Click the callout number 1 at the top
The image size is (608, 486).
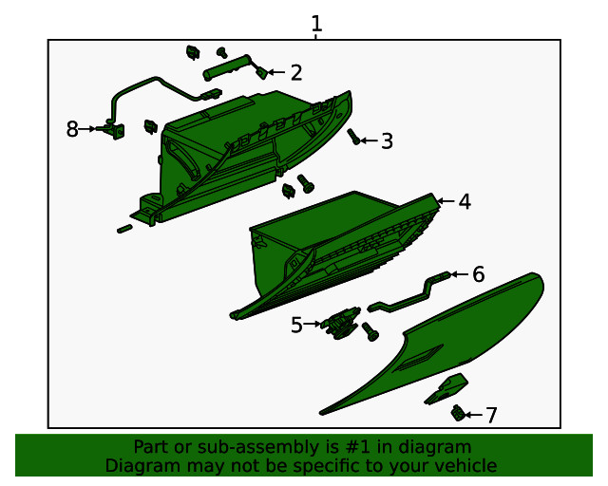tap(316, 24)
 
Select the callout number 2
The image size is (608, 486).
tap(296, 72)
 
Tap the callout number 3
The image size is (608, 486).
tap(386, 141)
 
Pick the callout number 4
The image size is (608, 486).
tap(464, 201)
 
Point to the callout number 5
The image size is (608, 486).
tap(296, 325)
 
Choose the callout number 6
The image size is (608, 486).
tap(478, 274)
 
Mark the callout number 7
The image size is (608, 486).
tap(490, 415)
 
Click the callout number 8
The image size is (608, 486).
tap(72, 129)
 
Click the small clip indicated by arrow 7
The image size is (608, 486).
tap(459, 412)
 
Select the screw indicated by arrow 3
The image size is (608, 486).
tap(353, 137)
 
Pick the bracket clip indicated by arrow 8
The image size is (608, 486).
tap(116, 130)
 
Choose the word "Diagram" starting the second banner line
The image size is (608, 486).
tap(139, 465)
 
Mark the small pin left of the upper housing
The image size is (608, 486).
tap(124, 228)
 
